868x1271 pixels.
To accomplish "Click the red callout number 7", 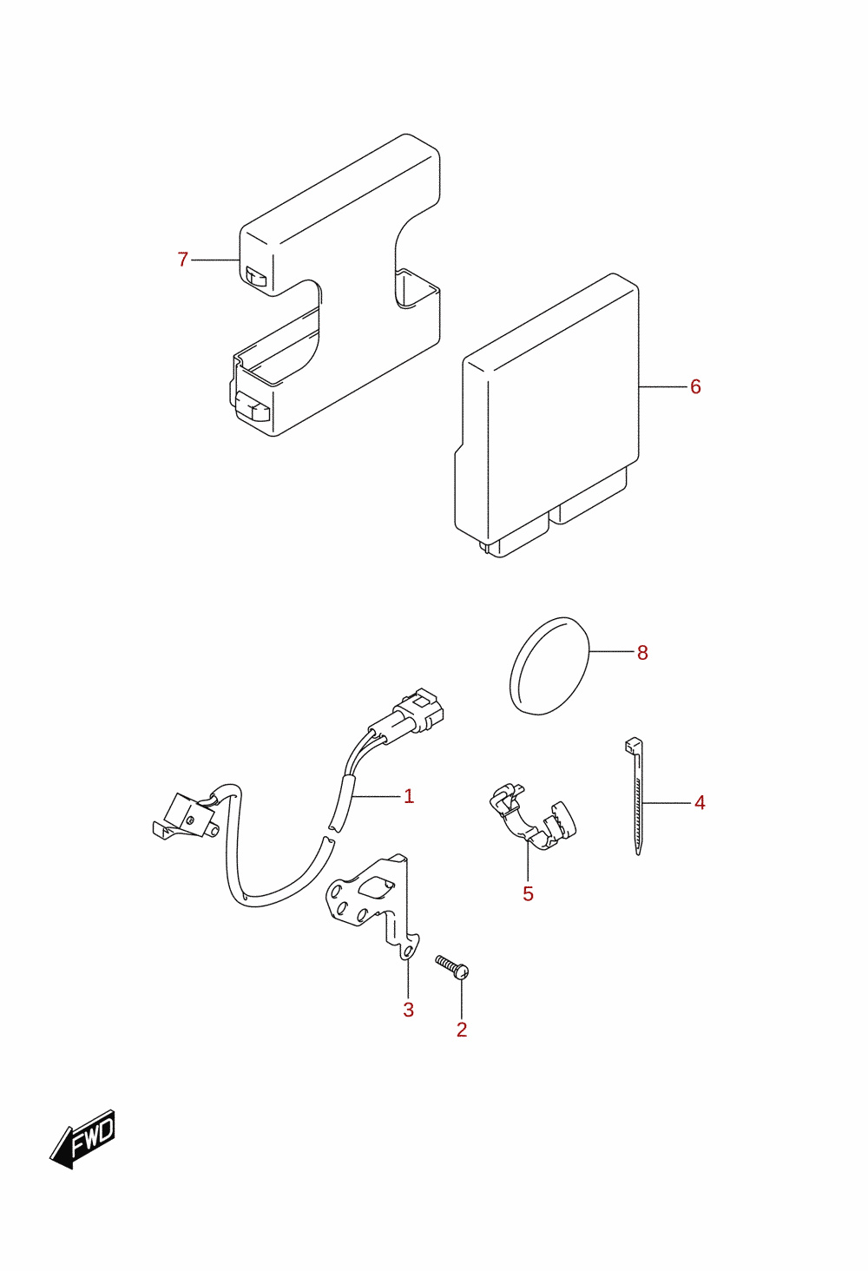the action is tap(182, 260).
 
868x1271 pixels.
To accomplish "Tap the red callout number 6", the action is tap(695, 387).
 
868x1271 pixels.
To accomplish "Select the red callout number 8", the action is tap(642, 653).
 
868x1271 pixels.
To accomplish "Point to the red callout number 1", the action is tap(409, 797).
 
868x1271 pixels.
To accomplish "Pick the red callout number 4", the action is tap(700, 803).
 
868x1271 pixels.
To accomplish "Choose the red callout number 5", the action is tap(528, 894).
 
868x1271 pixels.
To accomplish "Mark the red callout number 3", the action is tap(409, 1010).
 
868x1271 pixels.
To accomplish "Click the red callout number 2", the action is tap(462, 1030).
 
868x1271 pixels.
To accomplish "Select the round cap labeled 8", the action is tap(549, 666).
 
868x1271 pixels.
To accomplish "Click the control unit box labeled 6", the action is tap(547, 415).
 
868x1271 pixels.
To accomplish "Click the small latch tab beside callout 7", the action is tap(256, 278).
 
